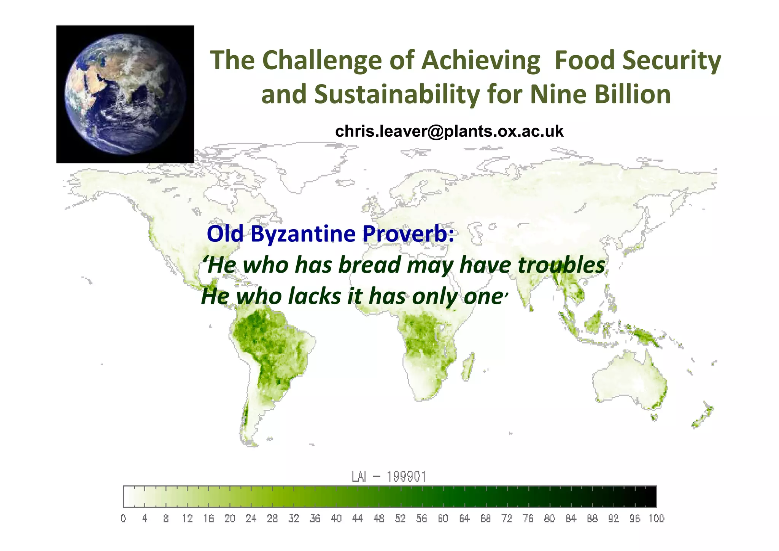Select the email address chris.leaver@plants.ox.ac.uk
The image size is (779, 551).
[x=449, y=131]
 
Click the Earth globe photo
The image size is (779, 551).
[x=125, y=94]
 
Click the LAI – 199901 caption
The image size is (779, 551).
[x=389, y=477]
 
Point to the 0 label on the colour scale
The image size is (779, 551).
[x=123, y=519]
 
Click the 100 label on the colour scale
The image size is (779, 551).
[x=656, y=519]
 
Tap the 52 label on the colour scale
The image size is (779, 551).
[x=400, y=519]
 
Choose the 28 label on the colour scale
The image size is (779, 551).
[x=272, y=519]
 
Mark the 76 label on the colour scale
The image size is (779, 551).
[x=528, y=519]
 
